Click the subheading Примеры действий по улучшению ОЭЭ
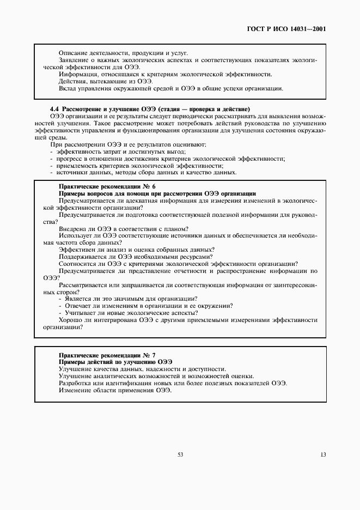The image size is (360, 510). [x=115, y=362]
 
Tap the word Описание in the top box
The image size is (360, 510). [x=71, y=53]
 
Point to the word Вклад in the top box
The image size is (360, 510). [x=68, y=88]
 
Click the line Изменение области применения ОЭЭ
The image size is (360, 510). [x=107, y=390]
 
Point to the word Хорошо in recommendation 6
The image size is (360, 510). [x=69, y=320]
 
